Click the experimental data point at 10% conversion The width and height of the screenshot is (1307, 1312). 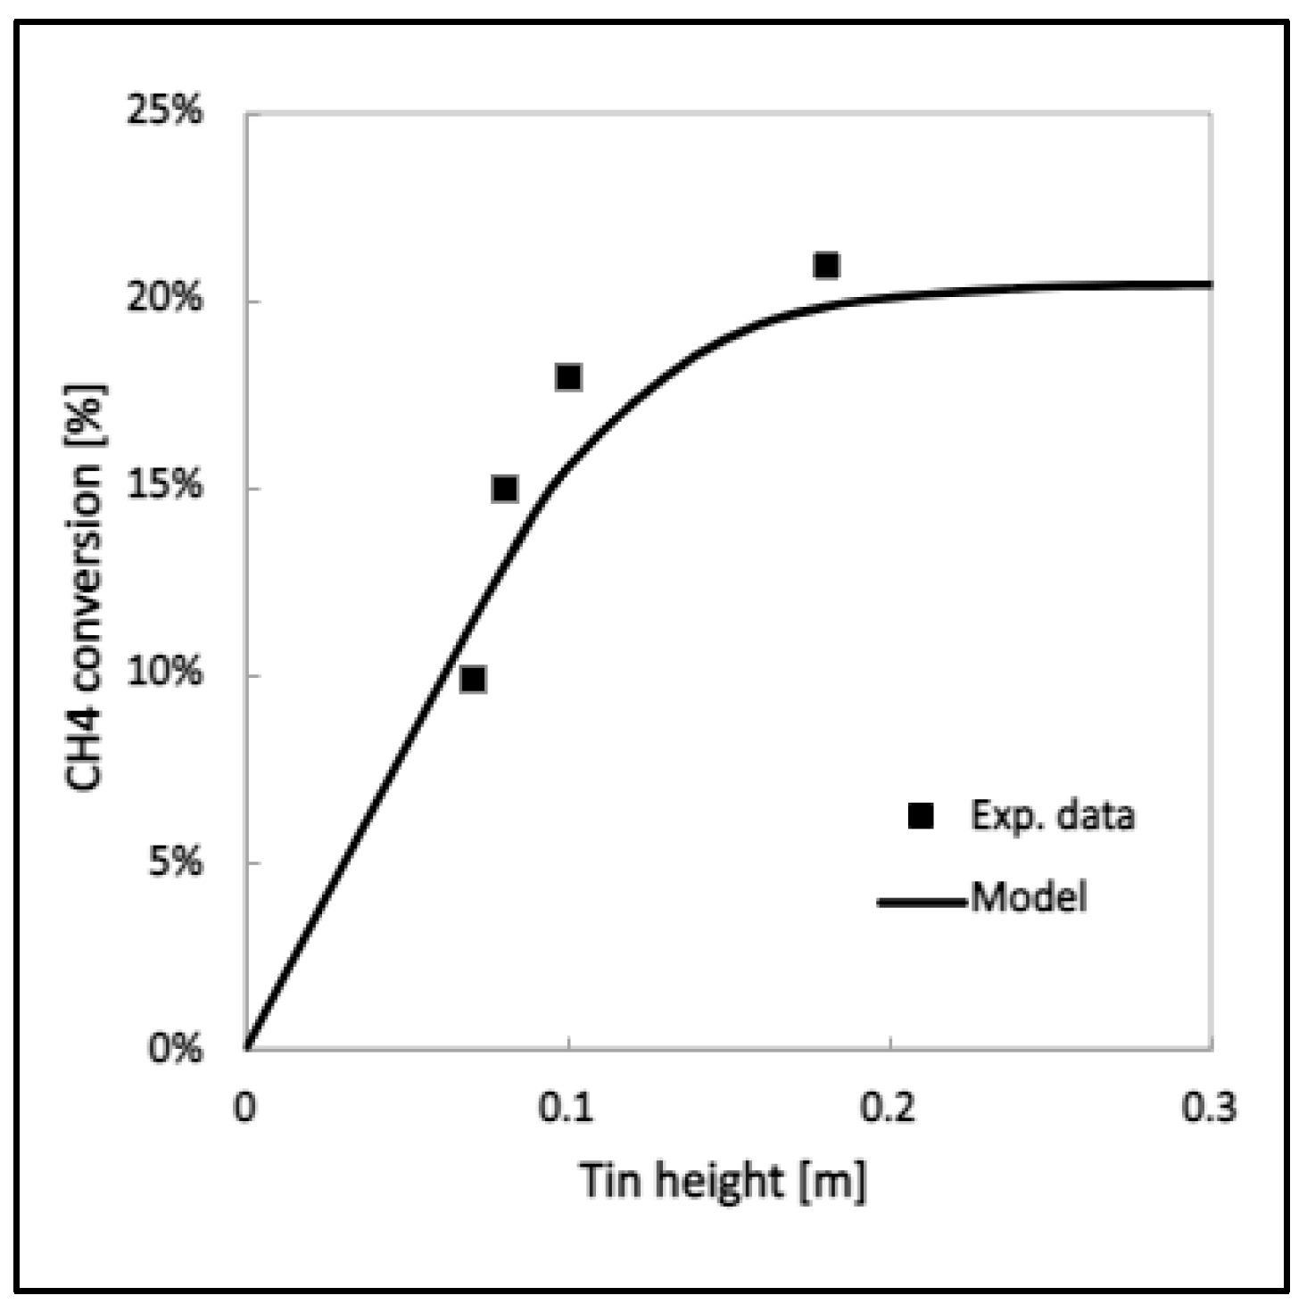(473, 680)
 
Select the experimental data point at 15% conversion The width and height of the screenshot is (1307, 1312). (505, 489)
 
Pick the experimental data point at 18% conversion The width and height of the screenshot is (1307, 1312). (568, 377)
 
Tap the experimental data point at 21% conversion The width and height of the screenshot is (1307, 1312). (826, 265)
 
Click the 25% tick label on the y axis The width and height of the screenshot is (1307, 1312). (164, 111)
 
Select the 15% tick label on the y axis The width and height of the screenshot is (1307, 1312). (164, 486)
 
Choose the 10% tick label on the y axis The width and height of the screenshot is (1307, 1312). (164, 673)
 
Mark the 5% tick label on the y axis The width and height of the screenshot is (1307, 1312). (175, 862)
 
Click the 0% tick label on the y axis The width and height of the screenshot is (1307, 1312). (175, 1049)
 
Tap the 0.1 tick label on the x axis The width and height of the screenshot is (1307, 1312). (567, 1107)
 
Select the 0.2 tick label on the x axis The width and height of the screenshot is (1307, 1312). (889, 1107)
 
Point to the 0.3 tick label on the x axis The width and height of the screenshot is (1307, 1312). (1210, 1107)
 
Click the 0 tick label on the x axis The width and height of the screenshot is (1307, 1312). (245, 1107)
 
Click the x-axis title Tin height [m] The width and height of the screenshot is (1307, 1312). (723, 1180)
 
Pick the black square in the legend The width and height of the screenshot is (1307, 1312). (920, 815)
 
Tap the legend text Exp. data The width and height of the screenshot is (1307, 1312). (1052, 815)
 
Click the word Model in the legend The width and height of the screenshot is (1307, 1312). (1029, 896)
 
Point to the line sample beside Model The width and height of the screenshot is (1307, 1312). (922, 902)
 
